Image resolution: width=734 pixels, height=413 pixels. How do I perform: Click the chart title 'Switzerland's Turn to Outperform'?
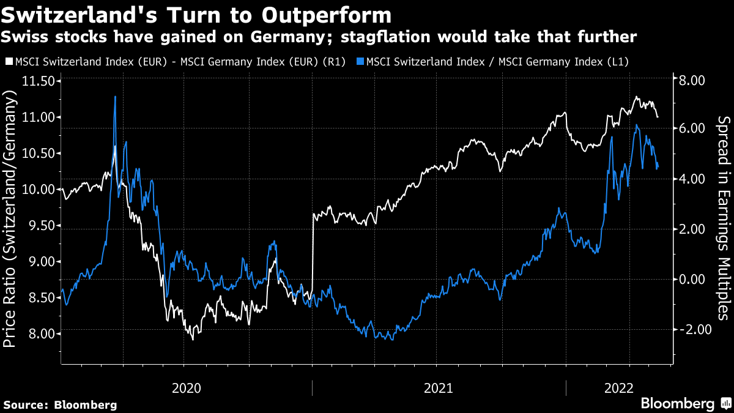coord(196,13)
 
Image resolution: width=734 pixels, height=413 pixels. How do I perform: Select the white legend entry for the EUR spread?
coord(177,61)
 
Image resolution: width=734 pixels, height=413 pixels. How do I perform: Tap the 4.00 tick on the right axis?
coord(690,179)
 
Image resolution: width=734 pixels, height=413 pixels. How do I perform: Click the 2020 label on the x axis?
coord(187,387)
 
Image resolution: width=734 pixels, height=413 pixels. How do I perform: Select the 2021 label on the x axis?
coord(438,387)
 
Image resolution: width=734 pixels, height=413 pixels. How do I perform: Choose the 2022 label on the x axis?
coord(618,387)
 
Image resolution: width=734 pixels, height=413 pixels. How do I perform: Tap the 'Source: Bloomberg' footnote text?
coord(60,404)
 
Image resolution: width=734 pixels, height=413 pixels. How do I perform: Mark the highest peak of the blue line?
coord(115,97)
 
